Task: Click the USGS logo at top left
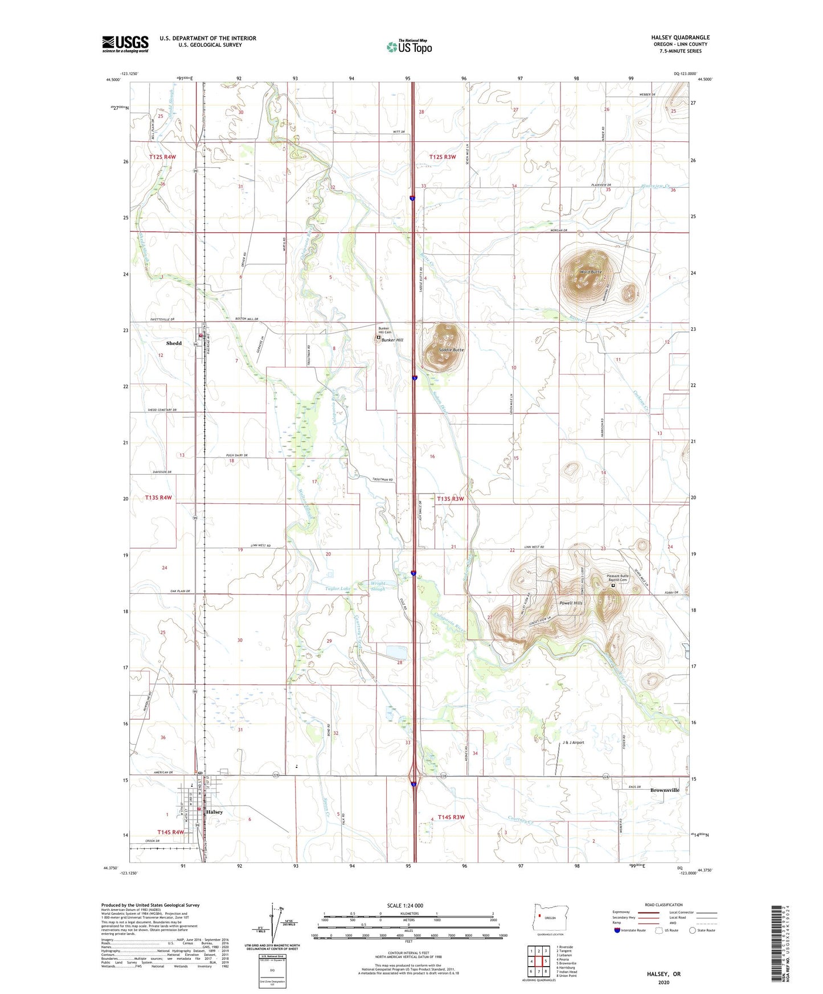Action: point(125,44)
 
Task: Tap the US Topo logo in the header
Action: point(409,47)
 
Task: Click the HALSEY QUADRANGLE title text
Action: point(680,38)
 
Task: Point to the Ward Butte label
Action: point(591,272)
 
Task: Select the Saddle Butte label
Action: point(451,350)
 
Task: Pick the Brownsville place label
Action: point(665,790)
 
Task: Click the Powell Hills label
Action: point(570,603)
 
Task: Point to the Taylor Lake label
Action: point(338,589)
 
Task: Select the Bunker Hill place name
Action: point(392,340)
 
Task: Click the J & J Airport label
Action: point(573,742)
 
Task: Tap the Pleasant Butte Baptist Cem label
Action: point(617,578)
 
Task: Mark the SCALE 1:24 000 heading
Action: point(405,906)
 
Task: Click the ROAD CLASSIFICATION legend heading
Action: point(664,905)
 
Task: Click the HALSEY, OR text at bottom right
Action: point(664,974)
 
